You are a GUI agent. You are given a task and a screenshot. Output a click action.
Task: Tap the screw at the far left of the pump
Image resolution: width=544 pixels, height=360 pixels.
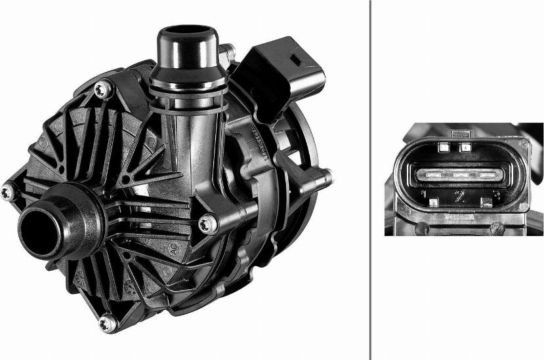click(7, 192)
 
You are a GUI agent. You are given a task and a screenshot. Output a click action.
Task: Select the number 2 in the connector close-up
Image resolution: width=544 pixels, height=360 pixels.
click(460, 195)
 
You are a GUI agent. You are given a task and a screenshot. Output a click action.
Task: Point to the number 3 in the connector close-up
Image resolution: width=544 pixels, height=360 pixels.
click(495, 195)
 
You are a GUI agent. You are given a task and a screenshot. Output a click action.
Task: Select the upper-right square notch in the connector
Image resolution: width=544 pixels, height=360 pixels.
click(465, 147)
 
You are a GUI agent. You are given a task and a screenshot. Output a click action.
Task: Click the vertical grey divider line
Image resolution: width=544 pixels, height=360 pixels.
click(371, 180)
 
